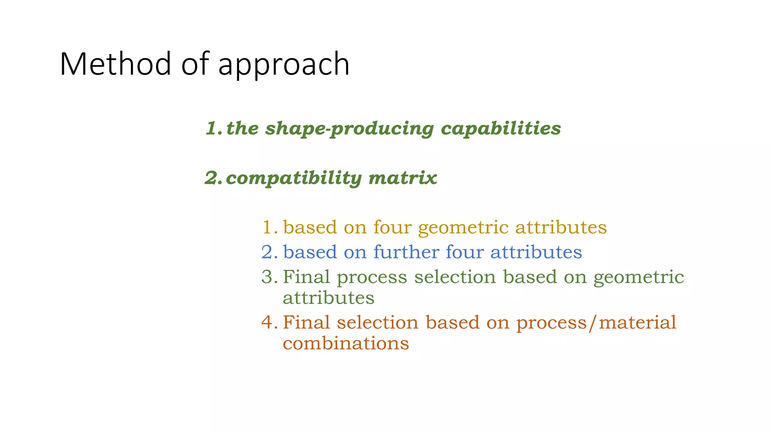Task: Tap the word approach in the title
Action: [284, 65]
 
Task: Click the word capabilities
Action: [501, 129]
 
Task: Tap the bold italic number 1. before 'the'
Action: [214, 129]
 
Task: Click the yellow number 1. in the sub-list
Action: [270, 227]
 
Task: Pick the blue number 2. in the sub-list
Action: [270, 252]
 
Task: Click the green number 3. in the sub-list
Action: [270, 277]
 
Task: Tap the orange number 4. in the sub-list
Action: [270, 322]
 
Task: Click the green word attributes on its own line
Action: [329, 298]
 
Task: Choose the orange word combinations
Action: [346, 343]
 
